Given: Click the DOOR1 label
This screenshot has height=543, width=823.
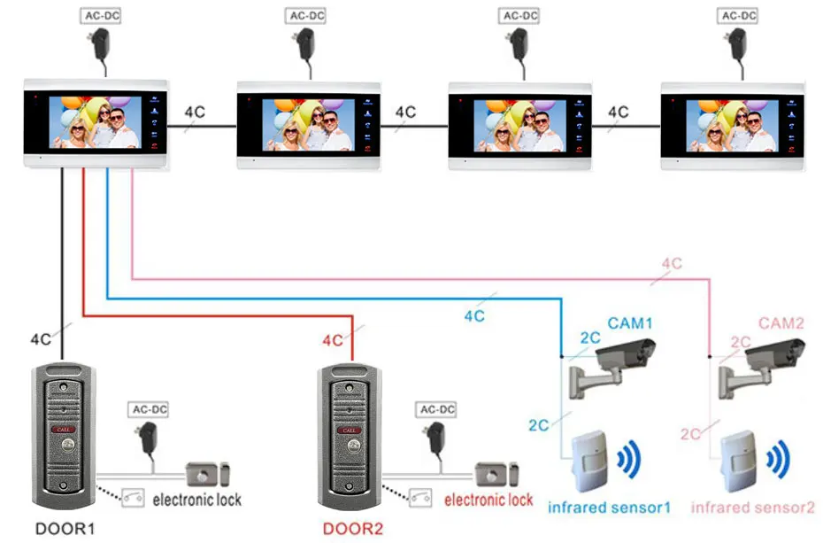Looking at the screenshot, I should coord(64,529).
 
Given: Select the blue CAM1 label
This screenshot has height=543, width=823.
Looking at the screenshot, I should coord(630,324).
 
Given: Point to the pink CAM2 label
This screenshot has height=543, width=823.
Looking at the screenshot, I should coord(781,324).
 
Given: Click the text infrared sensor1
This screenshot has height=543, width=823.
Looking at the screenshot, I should coord(609,508).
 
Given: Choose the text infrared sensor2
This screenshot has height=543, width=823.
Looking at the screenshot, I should coord(752,508).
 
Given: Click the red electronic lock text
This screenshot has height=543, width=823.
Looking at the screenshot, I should coord(488,500).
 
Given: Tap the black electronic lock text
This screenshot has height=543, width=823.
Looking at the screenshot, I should coord(196,500).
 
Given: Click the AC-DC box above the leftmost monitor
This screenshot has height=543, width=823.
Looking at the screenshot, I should coord(99,16).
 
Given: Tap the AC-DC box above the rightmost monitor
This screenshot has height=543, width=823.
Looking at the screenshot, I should coord(740,16).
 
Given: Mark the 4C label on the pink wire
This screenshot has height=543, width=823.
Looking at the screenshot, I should coord(672,263).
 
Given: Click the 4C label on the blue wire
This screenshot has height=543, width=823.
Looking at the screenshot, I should coord(474,315).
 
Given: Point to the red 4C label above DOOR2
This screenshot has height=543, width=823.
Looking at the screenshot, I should coord(333,340).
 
